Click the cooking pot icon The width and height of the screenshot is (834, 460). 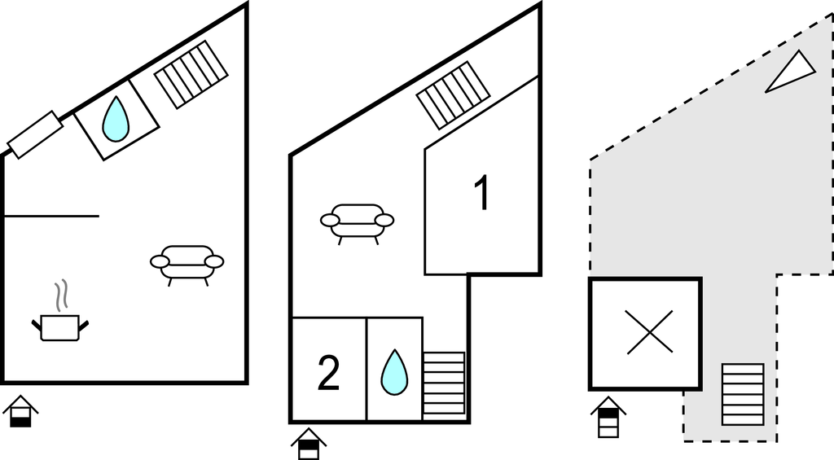coord(60,327)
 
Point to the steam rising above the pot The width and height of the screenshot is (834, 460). coord(62,295)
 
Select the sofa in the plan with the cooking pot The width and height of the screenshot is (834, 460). coord(187,265)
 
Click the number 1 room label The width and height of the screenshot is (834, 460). coord(481,194)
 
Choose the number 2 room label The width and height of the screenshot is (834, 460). coord(328,374)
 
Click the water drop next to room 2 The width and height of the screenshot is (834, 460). coord(394,372)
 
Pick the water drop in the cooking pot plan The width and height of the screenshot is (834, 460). coord(116,119)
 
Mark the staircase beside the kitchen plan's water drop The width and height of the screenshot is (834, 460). coord(191,74)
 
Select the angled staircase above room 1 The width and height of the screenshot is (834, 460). coord(453,95)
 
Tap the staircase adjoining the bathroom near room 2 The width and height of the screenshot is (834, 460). coord(444,383)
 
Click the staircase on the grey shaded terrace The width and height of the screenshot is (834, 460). coord(743,394)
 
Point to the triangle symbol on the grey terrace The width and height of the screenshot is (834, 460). coord(790,72)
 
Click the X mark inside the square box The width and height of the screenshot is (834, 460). coord(649,332)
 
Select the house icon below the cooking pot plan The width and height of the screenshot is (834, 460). coord(20,411)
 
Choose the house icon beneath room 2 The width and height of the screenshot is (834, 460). coord(309,444)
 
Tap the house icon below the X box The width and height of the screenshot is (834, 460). coord(608,417)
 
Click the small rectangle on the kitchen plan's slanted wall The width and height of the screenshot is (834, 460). coord(35,134)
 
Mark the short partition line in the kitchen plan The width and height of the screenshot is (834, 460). coord(51,216)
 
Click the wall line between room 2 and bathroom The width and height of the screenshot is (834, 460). coord(367,369)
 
